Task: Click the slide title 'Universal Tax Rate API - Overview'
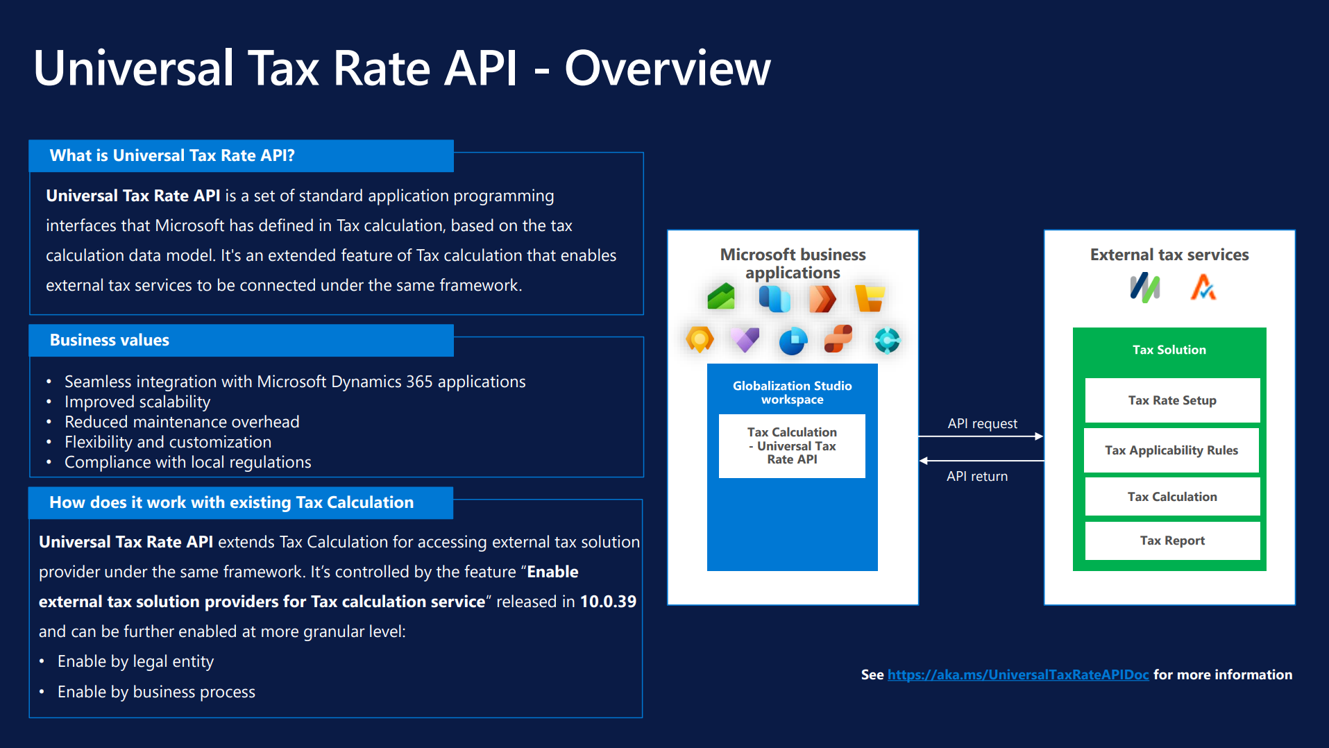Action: (x=402, y=68)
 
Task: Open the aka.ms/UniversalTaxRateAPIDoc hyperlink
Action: (x=1018, y=674)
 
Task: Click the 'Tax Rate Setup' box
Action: (x=1172, y=400)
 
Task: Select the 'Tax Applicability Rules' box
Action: (x=1171, y=450)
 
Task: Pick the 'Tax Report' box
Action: (x=1172, y=541)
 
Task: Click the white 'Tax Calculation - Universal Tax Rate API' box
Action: (x=792, y=445)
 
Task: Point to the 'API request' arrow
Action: (x=981, y=436)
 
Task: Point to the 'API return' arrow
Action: (x=981, y=461)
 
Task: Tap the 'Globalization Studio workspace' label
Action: (x=792, y=393)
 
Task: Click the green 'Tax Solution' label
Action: (x=1169, y=350)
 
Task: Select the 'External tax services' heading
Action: (x=1169, y=255)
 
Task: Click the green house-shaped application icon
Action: (x=721, y=297)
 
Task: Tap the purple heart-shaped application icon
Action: (x=745, y=339)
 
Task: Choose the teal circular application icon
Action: (x=887, y=340)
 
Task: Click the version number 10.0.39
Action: (x=608, y=602)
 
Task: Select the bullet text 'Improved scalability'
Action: (x=137, y=402)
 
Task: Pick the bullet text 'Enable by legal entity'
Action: (x=135, y=661)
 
